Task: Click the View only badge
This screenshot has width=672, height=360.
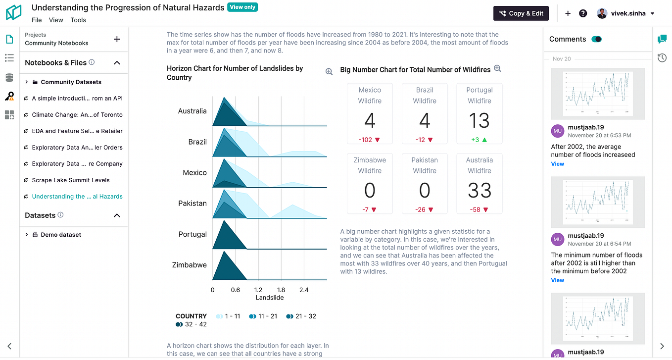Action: coord(242,7)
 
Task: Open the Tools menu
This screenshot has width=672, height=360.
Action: coord(78,20)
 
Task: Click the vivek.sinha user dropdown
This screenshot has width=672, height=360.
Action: coord(626,13)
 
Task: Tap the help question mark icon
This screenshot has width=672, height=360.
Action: coord(583,13)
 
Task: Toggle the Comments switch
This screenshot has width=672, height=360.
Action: coord(596,39)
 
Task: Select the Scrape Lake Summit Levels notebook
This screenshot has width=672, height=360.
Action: coord(71,180)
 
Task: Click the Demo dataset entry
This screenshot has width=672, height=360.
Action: coord(61,235)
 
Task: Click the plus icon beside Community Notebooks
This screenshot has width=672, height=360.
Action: coord(117,39)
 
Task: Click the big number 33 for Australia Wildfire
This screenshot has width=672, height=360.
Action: coord(479,191)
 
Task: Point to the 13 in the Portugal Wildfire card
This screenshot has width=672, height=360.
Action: coord(479,121)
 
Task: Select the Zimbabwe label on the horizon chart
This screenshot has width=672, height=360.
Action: coord(189,265)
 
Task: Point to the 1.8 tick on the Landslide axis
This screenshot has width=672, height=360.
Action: coord(281,290)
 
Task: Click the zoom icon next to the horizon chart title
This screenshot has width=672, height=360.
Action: coord(329,72)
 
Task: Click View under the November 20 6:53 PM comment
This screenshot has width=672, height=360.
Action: coord(557,164)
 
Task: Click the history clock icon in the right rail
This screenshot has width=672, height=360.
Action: coord(662,58)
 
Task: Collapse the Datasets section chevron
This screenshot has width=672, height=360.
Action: coord(117,215)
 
